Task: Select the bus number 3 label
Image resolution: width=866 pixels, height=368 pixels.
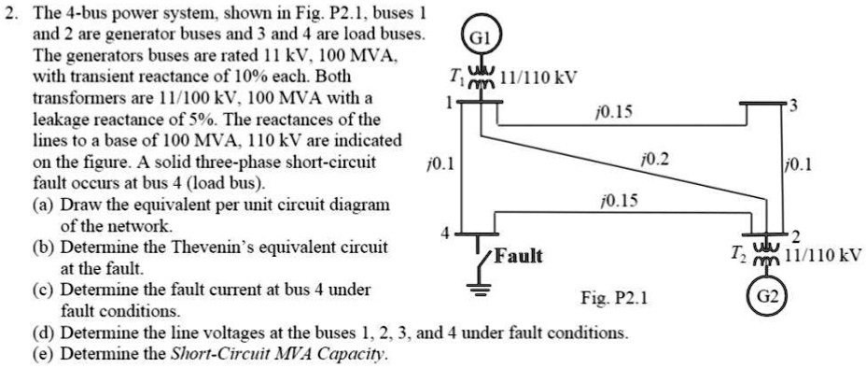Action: pyautogui.click(x=794, y=105)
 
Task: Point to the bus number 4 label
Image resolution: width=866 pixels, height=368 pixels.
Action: pyautogui.click(x=445, y=232)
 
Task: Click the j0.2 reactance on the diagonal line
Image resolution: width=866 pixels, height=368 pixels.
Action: pyautogui.click(x=657, y=161)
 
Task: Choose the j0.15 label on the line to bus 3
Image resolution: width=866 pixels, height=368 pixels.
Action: pyautogui.click(x=613, y=112)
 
